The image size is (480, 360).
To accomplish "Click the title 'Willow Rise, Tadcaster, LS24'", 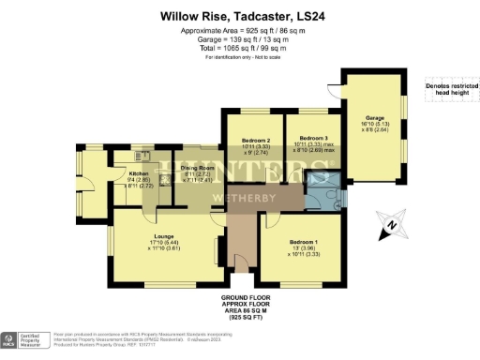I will [x=239, y=16].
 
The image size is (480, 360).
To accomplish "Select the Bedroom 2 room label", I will [x=255, y=140].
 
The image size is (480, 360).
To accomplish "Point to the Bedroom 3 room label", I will [x=312, y=140].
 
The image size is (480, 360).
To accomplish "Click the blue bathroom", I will [x=322, y=193].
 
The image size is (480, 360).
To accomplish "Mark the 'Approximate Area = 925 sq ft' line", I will [x=239, y=30].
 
